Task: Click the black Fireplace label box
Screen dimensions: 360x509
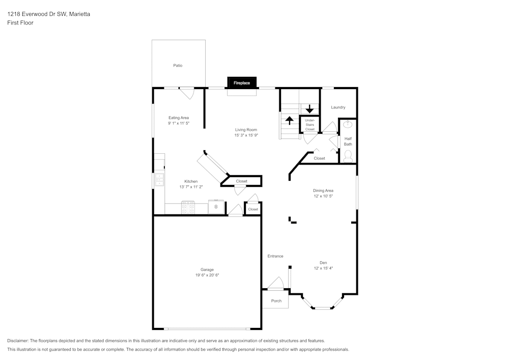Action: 242,82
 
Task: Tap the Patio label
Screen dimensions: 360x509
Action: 178,66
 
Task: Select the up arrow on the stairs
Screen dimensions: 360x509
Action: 290,121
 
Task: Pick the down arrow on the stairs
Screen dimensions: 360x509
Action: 309,109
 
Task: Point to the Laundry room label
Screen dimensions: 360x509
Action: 338,107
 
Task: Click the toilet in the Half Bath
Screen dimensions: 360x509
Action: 348,158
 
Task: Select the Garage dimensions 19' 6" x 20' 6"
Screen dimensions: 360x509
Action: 207,275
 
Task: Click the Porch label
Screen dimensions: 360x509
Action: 276,301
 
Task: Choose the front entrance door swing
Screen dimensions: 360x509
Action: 276,284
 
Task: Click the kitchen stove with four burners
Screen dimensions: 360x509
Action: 188,207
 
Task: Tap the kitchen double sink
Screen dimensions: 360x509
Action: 159,179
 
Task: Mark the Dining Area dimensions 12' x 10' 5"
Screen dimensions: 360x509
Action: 323,196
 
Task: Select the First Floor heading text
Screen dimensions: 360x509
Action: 20,23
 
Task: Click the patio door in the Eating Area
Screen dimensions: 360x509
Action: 186,93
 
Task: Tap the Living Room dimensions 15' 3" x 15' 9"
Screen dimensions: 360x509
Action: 246,136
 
